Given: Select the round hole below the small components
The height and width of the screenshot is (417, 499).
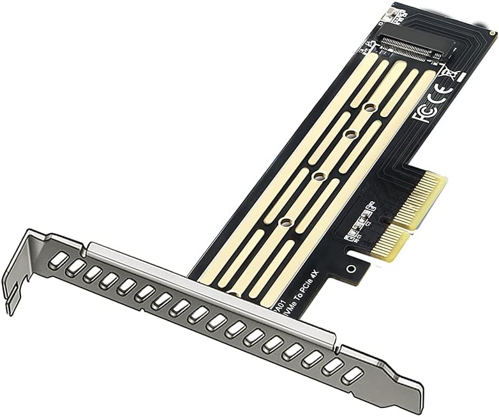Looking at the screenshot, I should tap(353, 262).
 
